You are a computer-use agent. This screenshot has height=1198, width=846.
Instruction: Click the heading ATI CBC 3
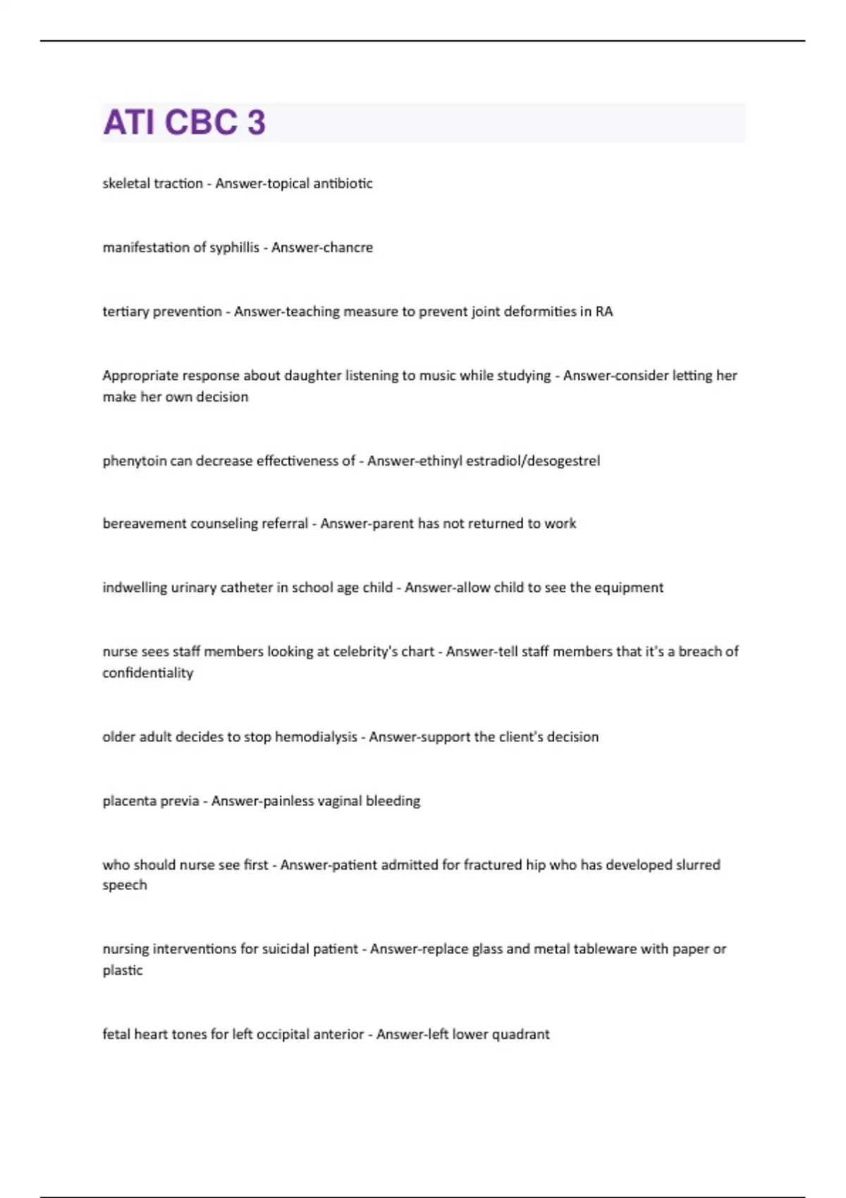pos(184,122)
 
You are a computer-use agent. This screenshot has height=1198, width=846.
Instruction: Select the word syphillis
pos(235,247)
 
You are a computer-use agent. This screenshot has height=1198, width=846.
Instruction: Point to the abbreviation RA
pos(604,311)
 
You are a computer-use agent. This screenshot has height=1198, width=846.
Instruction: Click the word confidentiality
pos(147,673)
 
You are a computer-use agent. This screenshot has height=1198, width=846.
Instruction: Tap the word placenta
pos(127,801)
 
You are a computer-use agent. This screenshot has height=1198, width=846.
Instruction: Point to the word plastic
pos(123,970)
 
